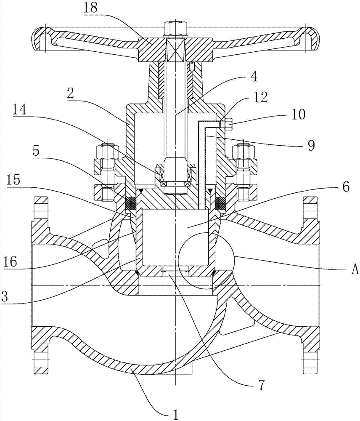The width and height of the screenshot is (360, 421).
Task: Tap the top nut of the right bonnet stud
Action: pyautogui.click(x=244, y=150)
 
